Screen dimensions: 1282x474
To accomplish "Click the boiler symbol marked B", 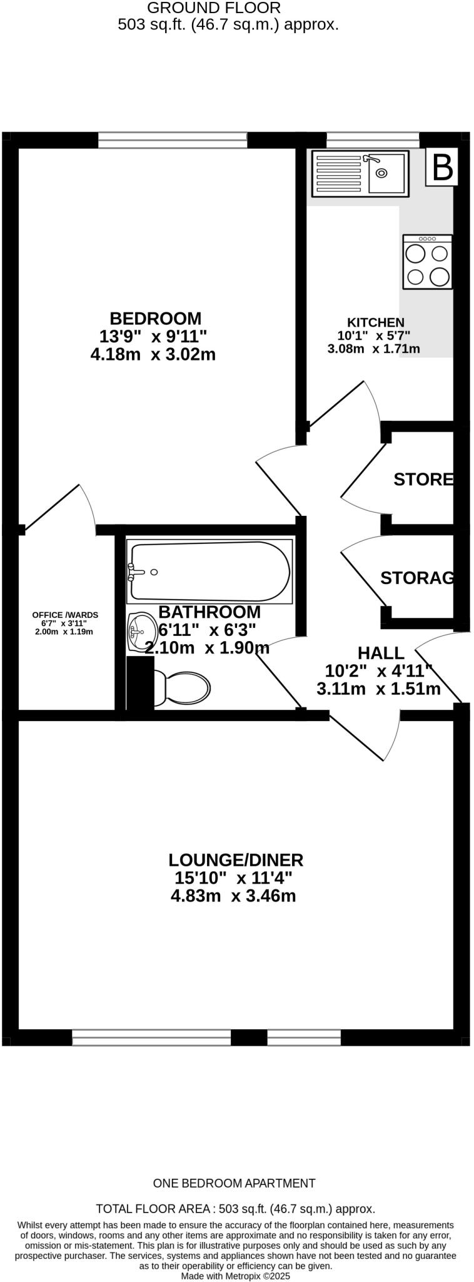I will point(442,167).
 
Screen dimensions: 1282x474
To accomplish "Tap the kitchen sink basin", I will point(386,173).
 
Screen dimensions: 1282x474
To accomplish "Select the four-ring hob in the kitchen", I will point(428,262).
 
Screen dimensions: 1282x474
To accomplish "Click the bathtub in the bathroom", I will point(209,571).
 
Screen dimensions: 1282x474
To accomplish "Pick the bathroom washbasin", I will point(141,631).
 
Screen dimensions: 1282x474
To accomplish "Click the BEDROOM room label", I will point(156,318).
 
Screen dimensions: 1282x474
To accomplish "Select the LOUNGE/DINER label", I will point(236,859).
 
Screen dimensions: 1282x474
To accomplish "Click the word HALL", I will point(380,653).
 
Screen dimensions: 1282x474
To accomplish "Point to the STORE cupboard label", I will point(423,479).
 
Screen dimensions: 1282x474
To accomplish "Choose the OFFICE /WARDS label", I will point(65,615).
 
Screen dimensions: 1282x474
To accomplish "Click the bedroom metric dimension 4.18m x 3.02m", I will point(153,354).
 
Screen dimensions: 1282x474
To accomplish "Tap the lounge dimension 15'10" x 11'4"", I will point(233,878).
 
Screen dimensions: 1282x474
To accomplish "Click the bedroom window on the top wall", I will point(173,140).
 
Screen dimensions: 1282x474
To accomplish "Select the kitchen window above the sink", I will point(373,140).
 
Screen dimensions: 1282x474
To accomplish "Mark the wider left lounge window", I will point(151,1037).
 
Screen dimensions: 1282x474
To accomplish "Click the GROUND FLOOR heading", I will point(214,8).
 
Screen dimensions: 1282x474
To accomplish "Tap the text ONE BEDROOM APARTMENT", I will point(234,1183).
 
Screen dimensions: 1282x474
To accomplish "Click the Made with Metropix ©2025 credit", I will point(236,1275).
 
